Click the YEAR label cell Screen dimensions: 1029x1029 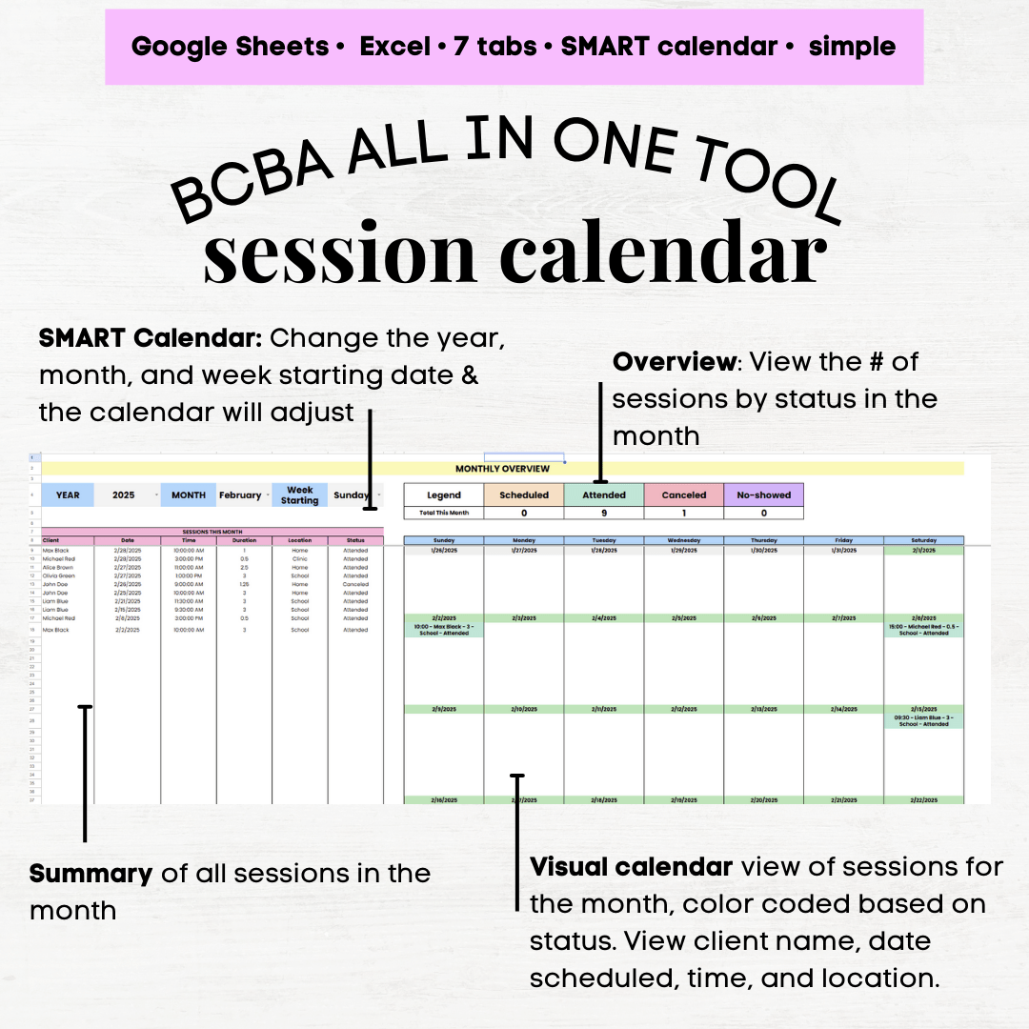[x=68, y=495]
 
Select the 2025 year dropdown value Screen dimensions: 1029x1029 [x=124, y=495]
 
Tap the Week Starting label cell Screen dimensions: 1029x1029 [x=299, y=495]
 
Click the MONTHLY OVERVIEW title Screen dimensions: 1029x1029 [x=502, y=469]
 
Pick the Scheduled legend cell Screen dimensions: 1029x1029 [x=524, y=495]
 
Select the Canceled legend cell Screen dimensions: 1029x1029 [x=684, y=495]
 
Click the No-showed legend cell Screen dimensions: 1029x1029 [x=763, y=495]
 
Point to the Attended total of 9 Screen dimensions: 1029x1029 [x=604, y=513]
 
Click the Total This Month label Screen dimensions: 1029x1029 [x=443, y=513]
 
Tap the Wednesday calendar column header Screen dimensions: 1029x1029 [x=683, y=540]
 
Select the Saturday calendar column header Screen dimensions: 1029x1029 [x=923, y=540]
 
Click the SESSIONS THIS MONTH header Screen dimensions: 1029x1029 [x=212, y=532]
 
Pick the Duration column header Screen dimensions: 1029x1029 [x=244, y=540]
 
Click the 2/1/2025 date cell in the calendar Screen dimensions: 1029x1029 [x=923, y=550]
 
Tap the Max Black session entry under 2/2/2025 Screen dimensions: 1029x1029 [x=443, y=630]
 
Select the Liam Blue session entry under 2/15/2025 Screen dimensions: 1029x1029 [x=923, y=720]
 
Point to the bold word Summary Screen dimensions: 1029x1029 [x=91, y=874]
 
